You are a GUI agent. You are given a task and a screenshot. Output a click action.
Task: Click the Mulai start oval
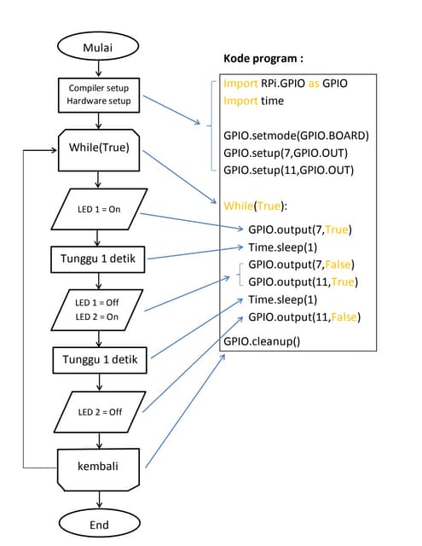click(x=99, y=48)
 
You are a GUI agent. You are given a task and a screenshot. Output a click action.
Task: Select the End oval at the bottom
click(x=99, y=525)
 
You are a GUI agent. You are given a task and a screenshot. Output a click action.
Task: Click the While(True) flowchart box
click(x=99, y=148)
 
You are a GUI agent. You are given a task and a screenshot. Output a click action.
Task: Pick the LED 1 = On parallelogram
click(x=99, y=209)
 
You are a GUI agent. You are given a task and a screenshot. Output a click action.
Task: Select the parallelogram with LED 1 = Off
click(x=99, y=310)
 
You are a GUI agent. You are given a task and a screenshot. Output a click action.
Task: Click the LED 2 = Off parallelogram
click(x=99, y=411)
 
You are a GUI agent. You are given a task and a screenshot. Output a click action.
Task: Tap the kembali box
click(x=99, y=468)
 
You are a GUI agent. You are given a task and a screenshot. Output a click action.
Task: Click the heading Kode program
click(x=263, y=59)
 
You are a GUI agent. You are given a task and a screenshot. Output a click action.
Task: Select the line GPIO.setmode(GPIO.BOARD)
click(x=296, y=136)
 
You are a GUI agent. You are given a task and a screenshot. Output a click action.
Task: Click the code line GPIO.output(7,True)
click(x=299, y=229)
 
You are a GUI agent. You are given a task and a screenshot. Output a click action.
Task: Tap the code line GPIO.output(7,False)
click(x=301, y=264)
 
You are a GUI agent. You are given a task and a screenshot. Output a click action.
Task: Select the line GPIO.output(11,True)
click(x=303, y=282)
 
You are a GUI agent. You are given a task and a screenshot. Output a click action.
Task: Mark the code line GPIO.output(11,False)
click(x=304, y=317)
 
